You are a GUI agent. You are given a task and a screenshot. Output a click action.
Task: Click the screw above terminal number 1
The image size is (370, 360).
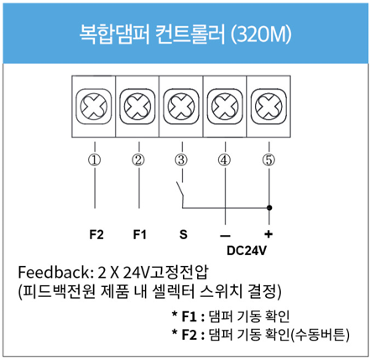(x=94, y=107)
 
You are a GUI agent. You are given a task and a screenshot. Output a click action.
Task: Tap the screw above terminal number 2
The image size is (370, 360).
(x=138, y=107)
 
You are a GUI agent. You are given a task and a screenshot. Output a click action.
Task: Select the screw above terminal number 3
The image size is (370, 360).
(x=181, y=107)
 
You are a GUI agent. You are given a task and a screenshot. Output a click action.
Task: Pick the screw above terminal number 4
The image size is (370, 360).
(x=225, y=107)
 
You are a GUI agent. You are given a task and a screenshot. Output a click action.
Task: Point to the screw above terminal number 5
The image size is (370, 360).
(x=268, y=107)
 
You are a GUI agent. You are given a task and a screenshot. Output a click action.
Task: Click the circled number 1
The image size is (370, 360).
(x=95, y=160)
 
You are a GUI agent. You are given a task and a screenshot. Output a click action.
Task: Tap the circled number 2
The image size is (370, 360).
(x=138, y=160)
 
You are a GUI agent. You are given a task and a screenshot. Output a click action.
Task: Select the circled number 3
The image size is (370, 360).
(x=181, y=160)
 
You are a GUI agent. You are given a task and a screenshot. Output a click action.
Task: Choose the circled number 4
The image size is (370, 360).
(x=225, y=160)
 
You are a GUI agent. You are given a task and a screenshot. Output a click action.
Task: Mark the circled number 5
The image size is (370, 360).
(x=268, y=160)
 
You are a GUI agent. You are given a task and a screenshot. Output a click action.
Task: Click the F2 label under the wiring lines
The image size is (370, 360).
(x=96, y=234)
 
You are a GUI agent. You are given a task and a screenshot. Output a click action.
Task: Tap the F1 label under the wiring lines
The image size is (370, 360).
(x=139, y=234)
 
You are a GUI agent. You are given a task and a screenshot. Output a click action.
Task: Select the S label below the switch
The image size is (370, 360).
(x=183, y=234)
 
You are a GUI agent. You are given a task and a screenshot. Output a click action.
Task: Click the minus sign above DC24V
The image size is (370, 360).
(x=225, y=236)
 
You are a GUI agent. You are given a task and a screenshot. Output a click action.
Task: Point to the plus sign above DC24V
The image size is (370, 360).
(x=268, y=234)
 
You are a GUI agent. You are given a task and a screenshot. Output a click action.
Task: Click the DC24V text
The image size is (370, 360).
(x=247, y=251)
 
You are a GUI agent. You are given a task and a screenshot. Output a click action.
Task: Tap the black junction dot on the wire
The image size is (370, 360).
(x=269, y=208)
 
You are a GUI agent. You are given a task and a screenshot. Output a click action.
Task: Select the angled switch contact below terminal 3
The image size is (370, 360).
(x=180, y=190)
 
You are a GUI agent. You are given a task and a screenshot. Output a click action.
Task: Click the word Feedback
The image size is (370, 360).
(x=55, y=272)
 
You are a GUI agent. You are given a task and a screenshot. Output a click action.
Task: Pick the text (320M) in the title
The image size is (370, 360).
(x=261, y=34)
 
